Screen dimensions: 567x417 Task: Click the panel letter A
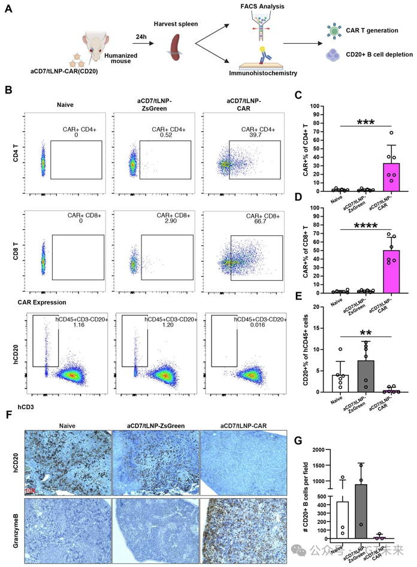[9, 10]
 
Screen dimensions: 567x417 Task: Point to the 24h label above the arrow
[141, 37]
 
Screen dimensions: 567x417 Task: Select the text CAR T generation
[373, 30]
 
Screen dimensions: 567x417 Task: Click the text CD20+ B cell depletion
[379, 55]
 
